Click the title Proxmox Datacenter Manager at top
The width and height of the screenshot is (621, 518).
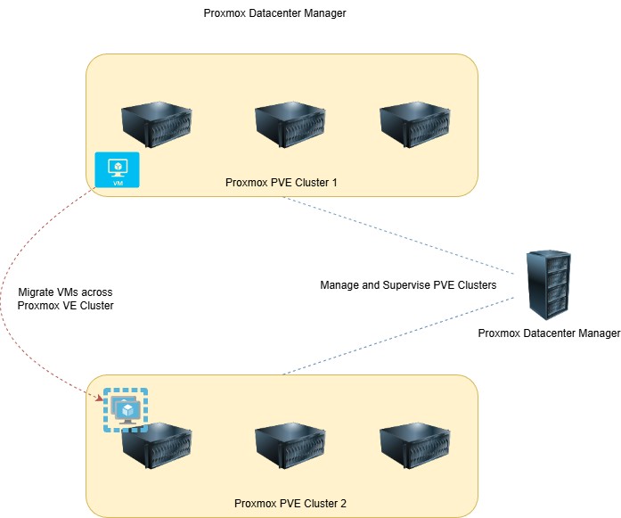[x=274, y=13]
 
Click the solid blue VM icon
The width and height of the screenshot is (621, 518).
[x=117, y=169]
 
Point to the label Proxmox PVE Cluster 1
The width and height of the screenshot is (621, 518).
[x=282, y=184]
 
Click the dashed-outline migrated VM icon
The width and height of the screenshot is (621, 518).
[x=125, y=410]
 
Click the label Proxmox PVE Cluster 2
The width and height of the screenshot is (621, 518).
[x=290, y=504]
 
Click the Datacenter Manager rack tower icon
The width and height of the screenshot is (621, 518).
[x=547, y=284]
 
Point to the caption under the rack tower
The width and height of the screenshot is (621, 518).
[x=549, y=333]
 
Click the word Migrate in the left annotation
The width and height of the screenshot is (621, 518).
[x=38, y=292]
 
